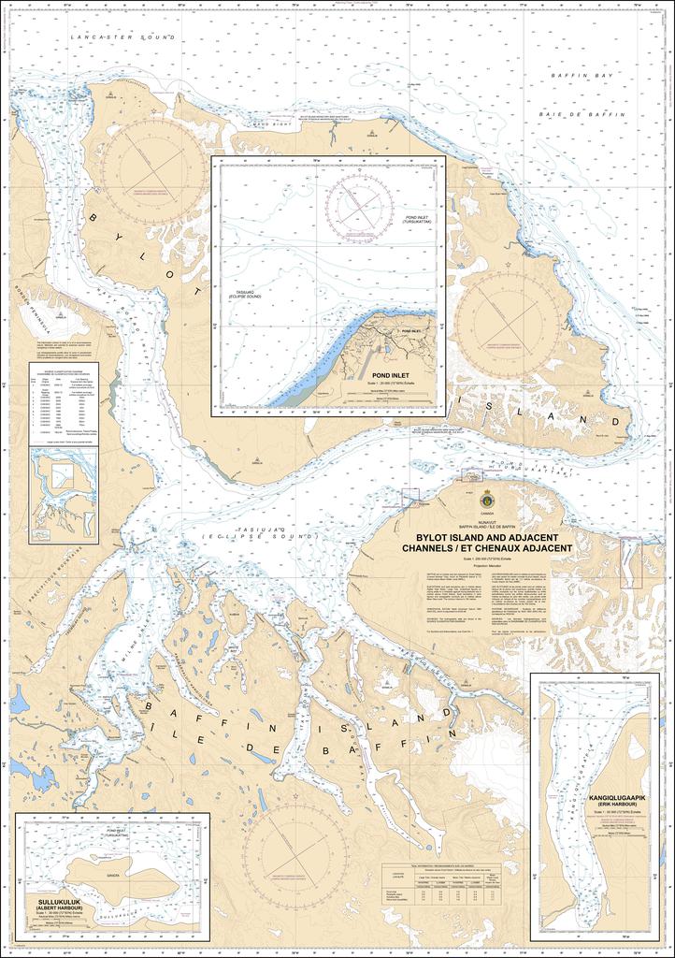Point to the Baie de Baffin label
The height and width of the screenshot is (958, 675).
tap(569, 112)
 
